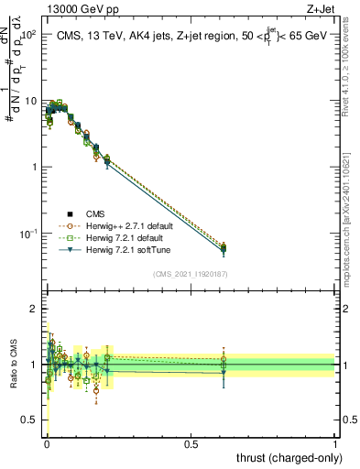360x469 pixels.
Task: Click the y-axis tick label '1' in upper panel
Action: (x=33, y=167)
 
